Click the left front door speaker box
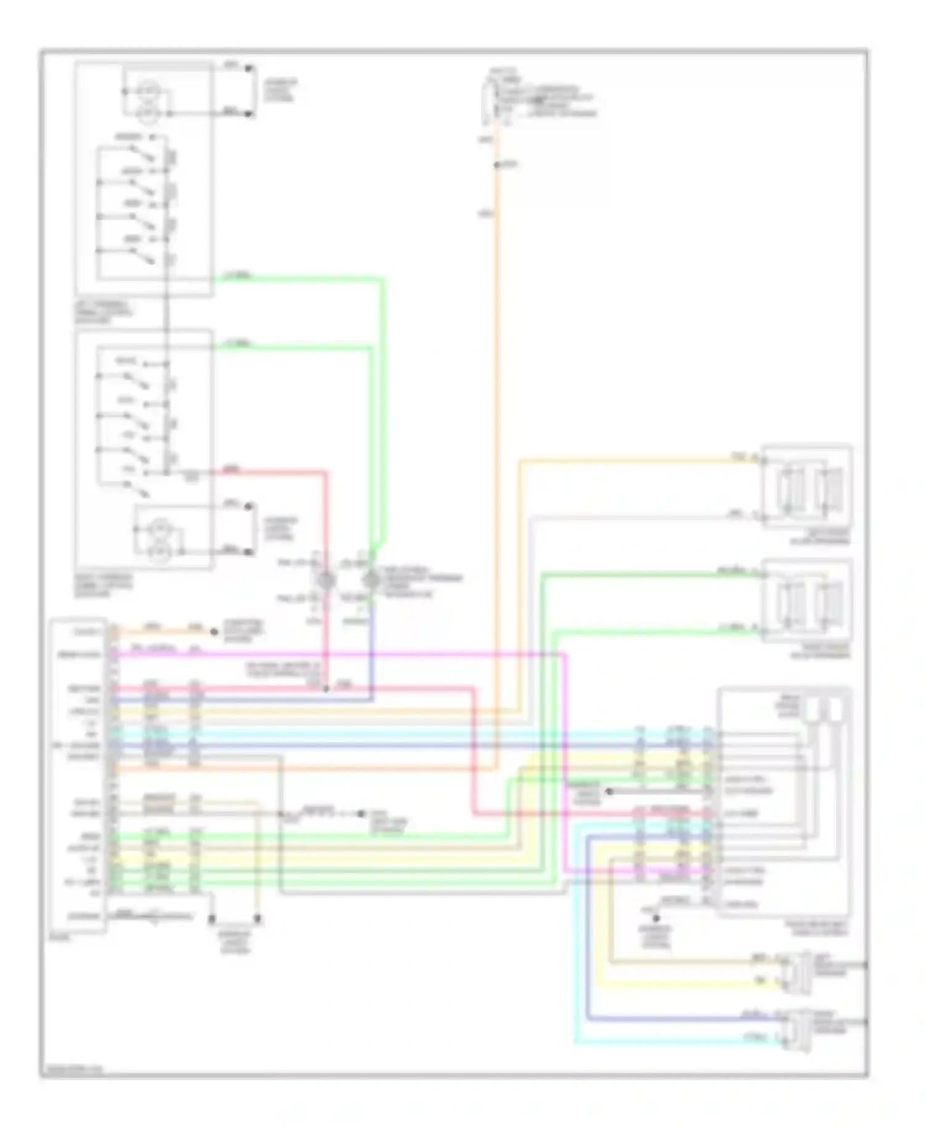point(807,485)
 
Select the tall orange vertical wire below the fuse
point(495,432)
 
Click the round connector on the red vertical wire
point(326,580)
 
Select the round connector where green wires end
point(371,580)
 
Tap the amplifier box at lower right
point(783,801)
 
